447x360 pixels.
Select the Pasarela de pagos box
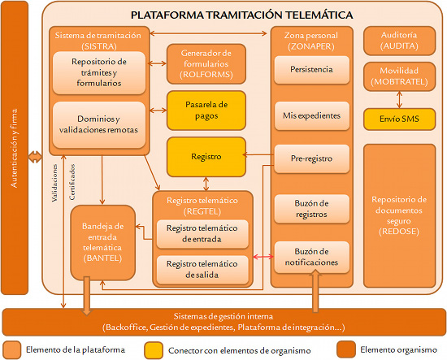[206, 111]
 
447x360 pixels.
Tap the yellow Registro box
[206, 154]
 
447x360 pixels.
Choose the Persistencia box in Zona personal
[310, 71]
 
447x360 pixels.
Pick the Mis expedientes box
[310, 115]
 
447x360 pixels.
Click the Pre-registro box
[310, 158]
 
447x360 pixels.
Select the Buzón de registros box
[310, 208]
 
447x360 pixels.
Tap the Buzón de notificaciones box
[310, 256]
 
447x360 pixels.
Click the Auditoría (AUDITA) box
[398, 40]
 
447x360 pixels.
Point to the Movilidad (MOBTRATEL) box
[398, 77]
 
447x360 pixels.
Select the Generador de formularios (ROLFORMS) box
[206, 63]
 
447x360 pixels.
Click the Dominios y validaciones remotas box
[98, 123]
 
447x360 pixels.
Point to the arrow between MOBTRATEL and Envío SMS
[398, 99]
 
